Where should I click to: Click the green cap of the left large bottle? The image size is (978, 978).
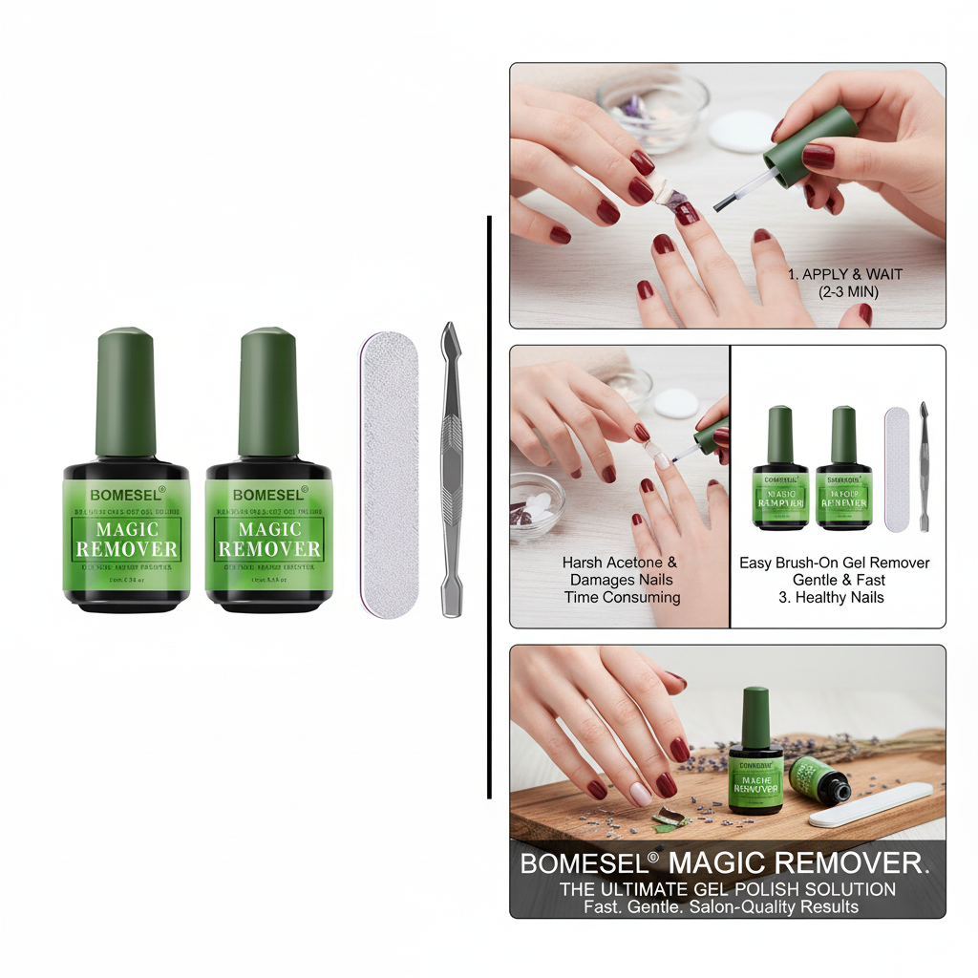click(x=125, y=392)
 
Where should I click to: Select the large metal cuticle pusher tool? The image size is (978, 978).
click(x=451, y=468)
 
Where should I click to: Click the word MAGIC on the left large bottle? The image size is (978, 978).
click(x=126, y=528)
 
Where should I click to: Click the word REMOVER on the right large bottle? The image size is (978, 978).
click(x=268, y=549)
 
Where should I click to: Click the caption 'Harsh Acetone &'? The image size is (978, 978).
click(x=619, y=563)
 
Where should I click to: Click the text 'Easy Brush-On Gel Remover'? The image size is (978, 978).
click(x=834, y=563)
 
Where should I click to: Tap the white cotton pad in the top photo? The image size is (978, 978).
click(x=742, y=130)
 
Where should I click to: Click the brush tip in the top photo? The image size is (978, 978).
click(x=722, y=202)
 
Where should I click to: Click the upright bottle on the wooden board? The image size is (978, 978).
click(x=755, y=755)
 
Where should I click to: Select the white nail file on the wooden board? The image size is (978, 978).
click(x=870, y=804)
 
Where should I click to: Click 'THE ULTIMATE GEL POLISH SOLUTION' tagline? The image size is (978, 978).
click(x=727, y=889)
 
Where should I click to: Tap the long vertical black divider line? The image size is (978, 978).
click(x=489, y=506)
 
